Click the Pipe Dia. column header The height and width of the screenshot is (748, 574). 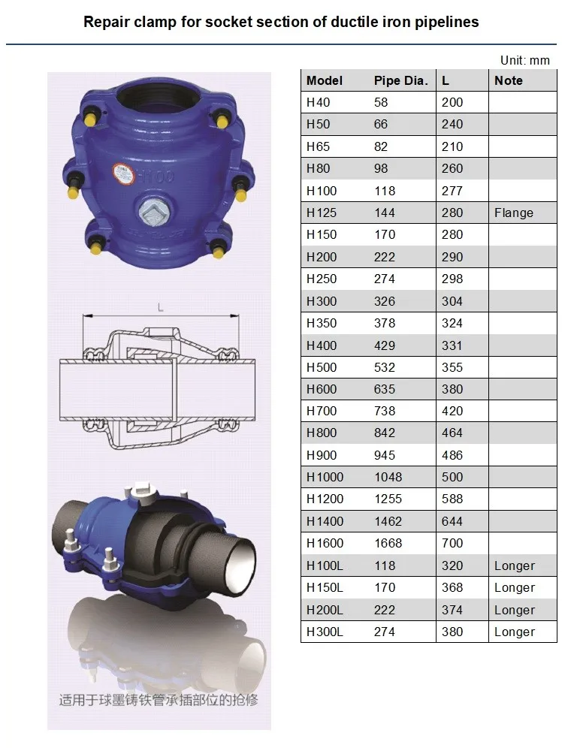pyautogui.click(x=400, y=80)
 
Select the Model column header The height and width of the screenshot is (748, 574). pyautogui.click(x=325, y=80)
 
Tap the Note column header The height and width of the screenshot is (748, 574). pyautogui.click(x=508, y=80)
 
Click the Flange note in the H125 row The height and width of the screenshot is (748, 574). pyautogui.click(x=513, y=213)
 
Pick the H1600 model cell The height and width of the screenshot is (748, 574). pyautogui.click(x=325, y=543)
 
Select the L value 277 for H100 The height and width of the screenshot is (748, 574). pyautogui.click(x=452, y=191)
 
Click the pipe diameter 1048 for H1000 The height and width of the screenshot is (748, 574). pyautogui.click(x=388, y=477)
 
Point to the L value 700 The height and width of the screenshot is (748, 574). pyautogui.click(x=452, y=543)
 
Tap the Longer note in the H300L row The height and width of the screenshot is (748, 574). pyautogui.click(x=515, y=632)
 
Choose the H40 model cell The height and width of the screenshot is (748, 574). pyautogui.click(x=318, y=103)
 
